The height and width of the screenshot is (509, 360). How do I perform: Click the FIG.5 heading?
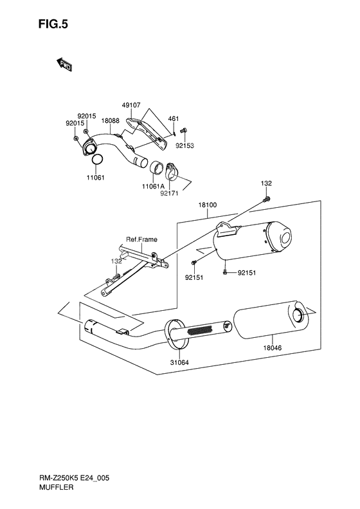tap(53, 24)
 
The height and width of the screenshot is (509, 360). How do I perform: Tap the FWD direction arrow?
tap(64, 64)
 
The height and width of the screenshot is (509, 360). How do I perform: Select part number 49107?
tap(131, 105)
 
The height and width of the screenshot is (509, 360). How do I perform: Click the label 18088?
tap(111, 121)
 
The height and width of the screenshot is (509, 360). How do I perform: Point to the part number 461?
tap(174, 119)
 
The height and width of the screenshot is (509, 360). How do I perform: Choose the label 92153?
tap(185, 146)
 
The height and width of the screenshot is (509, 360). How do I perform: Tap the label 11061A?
tap(153, 187)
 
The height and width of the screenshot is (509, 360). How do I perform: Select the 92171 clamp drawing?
tap(171, 171)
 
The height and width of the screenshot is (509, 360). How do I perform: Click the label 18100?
tap(208, 205)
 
